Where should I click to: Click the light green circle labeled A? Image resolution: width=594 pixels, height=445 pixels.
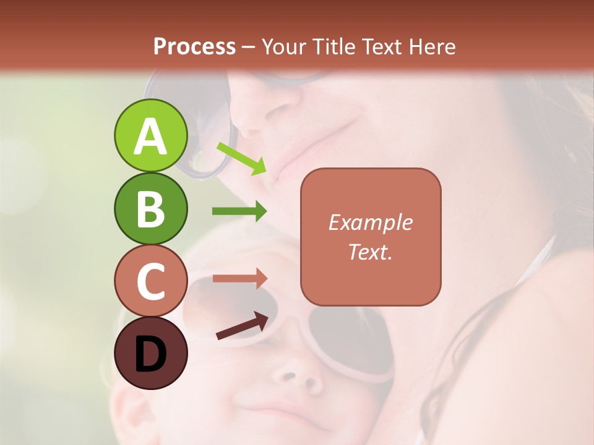(x=150, y=135)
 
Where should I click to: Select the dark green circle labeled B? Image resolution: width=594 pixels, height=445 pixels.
(x=150, y=209)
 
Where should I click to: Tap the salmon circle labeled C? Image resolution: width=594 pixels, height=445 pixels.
(x=150, y=281)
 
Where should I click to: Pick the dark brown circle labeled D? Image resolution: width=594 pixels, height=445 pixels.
(x=150, y=354)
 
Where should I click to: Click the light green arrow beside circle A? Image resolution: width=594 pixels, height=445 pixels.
(x=241, y=158)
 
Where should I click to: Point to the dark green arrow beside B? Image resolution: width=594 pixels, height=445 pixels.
(x=239, y=211)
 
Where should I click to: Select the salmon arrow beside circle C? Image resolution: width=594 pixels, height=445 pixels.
(x=239, y=278)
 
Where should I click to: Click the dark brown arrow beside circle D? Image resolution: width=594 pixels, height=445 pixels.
(x=242, y=326)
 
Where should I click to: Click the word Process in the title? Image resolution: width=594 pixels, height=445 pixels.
(x=194, y=46)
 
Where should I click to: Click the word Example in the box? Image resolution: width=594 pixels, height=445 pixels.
(x=371, y=222)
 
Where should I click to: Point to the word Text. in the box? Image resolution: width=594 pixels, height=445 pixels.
(x=371, y=252)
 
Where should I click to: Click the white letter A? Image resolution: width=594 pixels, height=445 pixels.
(x=150, y=137)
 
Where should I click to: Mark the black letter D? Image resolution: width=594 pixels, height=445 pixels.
(x=150, y=355)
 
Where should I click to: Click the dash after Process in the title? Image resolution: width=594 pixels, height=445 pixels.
(x=249, y=47)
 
